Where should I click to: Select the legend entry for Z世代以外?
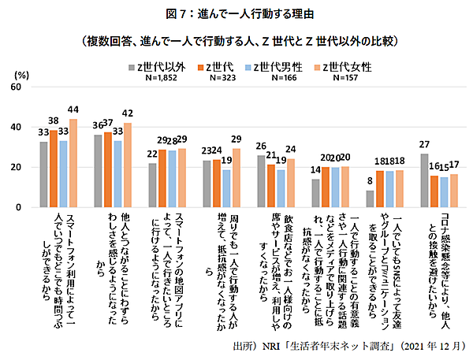(x=158, y=66)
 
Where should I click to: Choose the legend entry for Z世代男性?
(x=275, y=66)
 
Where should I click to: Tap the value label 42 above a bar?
(x=127, y=113)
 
